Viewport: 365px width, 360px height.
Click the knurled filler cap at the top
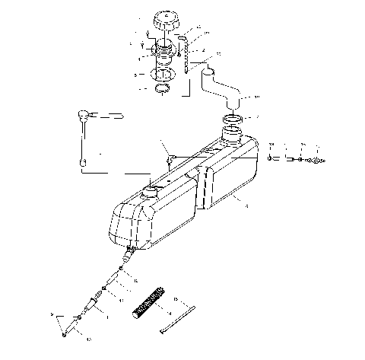[164, 21]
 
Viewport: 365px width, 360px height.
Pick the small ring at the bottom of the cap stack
[163, 91]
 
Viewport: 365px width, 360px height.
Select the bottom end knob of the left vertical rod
[83, 163]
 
